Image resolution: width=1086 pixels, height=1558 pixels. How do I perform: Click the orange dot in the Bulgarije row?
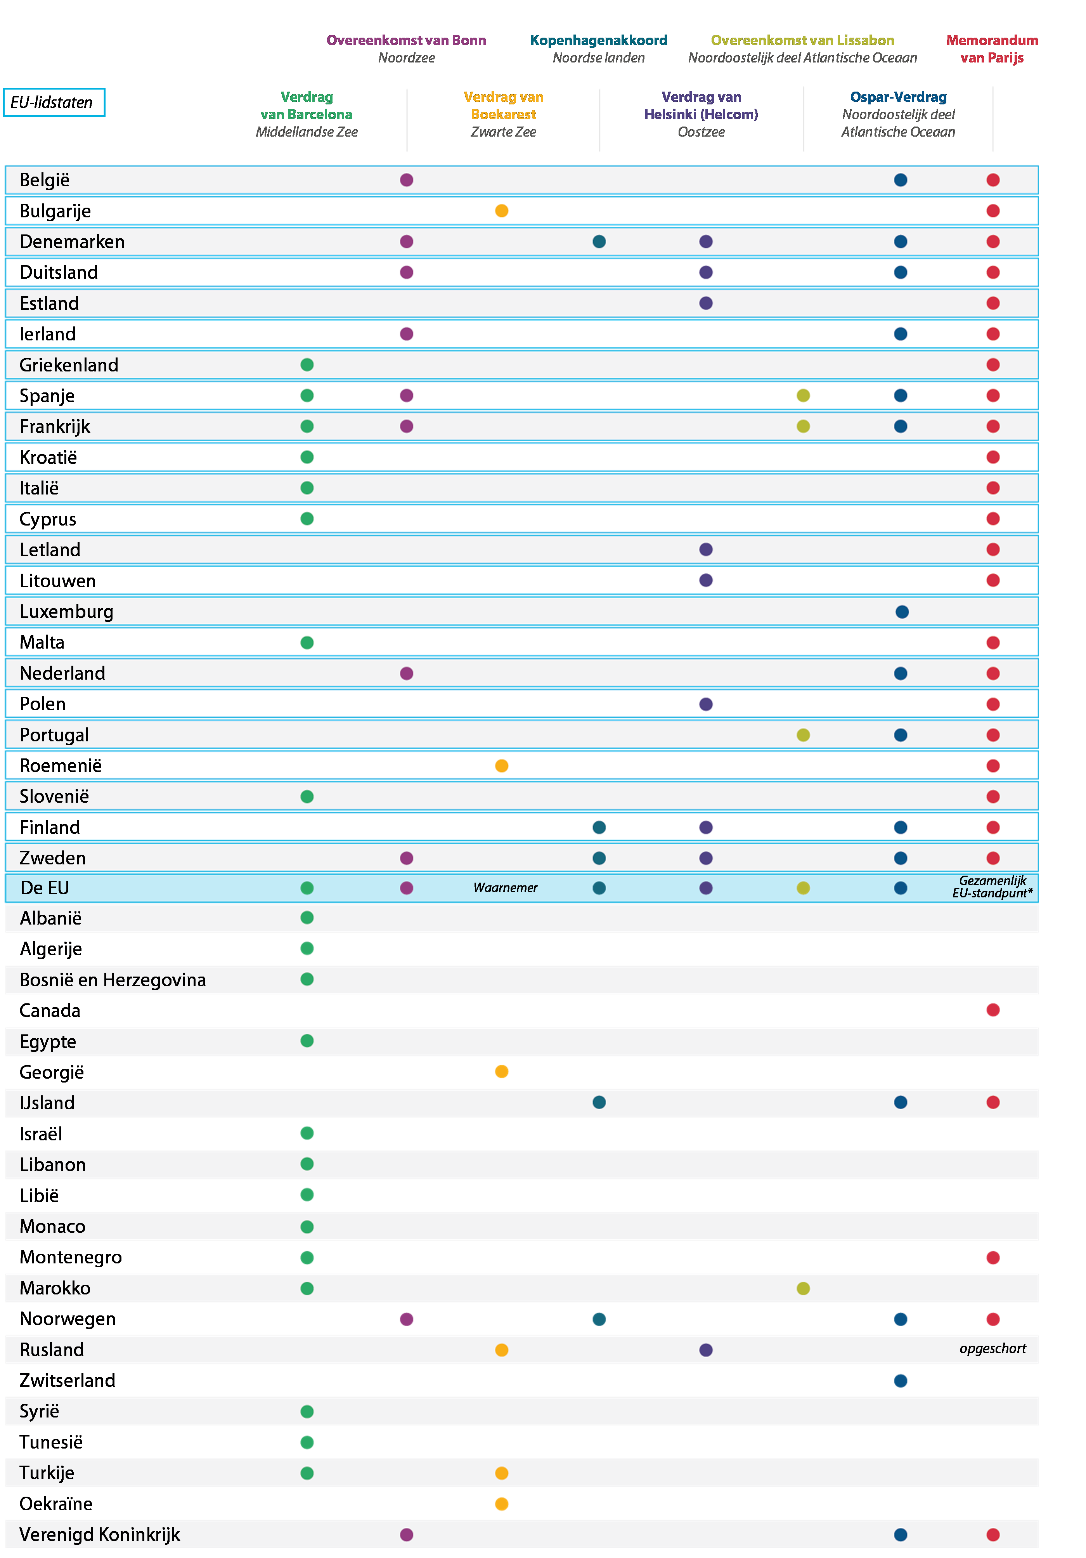tap(502, 211)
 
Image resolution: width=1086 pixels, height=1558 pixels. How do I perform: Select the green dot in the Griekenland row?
tap(307, 365)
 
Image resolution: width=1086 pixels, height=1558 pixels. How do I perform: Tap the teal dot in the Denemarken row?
tap(599, 241)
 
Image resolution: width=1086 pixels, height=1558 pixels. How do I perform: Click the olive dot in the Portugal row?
tap(803, 735)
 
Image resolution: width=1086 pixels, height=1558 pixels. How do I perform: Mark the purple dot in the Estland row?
tap(706, 303)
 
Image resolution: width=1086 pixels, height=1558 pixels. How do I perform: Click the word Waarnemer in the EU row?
tap(505, 888)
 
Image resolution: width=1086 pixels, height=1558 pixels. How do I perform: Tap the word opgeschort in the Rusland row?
tap(992, 1348)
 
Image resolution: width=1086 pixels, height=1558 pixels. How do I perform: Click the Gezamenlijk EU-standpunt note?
tap(992, 887)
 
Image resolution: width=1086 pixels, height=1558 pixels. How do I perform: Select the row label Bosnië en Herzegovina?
tap(113, 980)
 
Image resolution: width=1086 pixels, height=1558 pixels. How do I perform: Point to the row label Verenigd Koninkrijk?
tap(100, 1534)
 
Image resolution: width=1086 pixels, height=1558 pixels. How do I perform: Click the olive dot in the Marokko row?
tap(803, 1288)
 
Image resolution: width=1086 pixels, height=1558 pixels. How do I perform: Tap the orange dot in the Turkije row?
tap(502, 1473)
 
